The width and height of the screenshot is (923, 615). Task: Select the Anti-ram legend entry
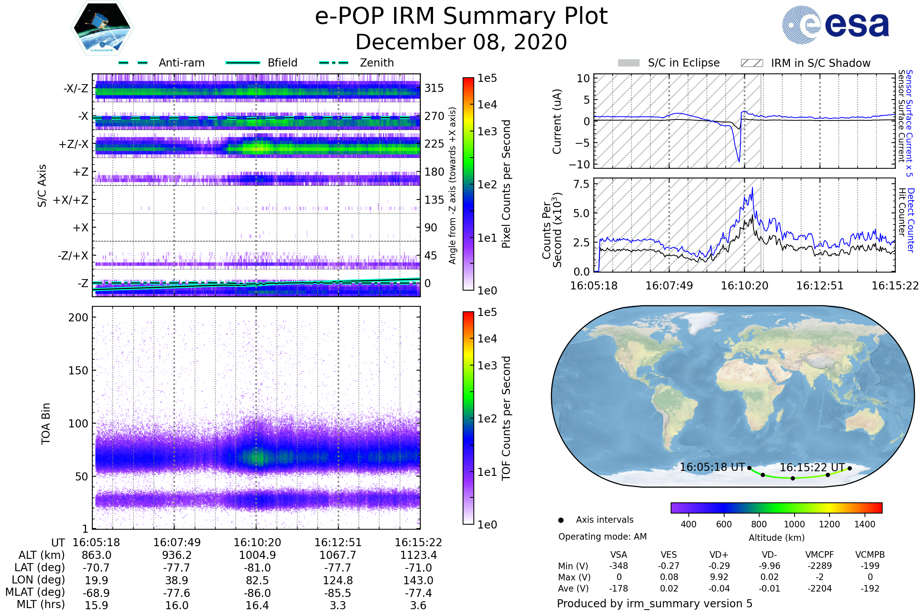pyautogui.click(x=181, y=63)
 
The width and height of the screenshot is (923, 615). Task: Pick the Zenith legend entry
pyautogui.click(x=377, y=63)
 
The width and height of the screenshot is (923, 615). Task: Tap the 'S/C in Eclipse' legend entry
pyautogui.click(x=683, y=63)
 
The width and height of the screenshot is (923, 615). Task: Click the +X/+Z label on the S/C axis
pyautogui.click(x=71, y=200)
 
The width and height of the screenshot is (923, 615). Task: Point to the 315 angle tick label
pyautogui.click(x=434, y=88)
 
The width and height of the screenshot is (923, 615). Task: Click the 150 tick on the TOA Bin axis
pyautogui.click(x=78, y=371)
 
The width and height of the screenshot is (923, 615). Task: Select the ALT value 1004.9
pyautogui.click(x=257, y=555)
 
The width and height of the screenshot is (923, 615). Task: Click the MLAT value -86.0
pyautogui.click(x=257, y=593)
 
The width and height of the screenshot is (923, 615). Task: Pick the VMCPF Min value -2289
pyautogui.click(x=820, y=566)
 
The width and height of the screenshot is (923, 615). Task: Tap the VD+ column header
pyautogui.click(x=719, y=555)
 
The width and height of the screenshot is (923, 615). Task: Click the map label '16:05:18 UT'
pyautogui.click(x=712, y=467)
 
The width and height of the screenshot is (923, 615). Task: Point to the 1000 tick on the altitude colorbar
pyautogui.click(x=794, y=524)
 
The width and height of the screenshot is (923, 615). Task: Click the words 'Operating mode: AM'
pyautogui.click(x=602, y=537)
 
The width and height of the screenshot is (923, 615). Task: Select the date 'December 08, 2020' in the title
pyautogui.click(x=461, y=42)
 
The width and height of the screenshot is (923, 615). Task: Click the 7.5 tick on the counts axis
pyautogui.click(x=581, y=184)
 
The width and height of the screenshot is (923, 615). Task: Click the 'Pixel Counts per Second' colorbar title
pyautogui.click(x=506, y=184)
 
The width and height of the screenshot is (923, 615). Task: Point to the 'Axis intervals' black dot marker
pyautogui.click(x=561, y=520)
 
